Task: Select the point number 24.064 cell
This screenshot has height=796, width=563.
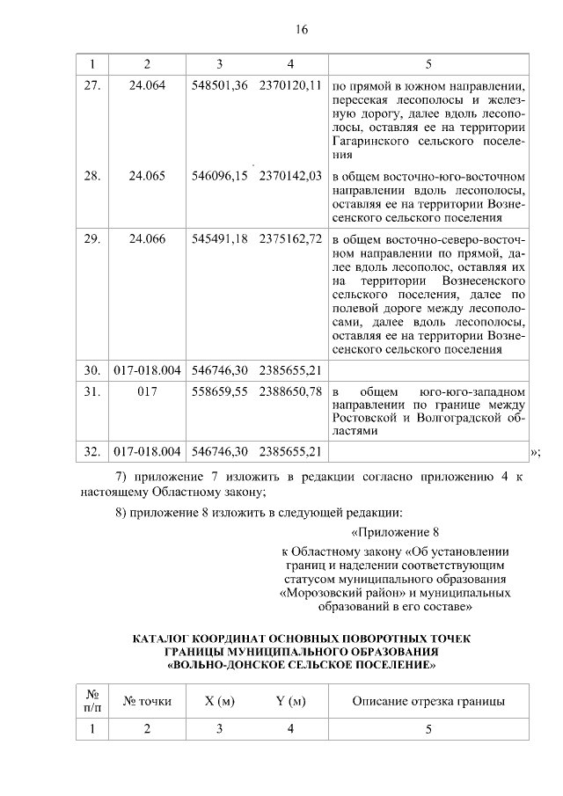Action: pyautogui.click(x=147, y=88)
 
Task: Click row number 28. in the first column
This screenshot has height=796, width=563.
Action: pyautogui.click(x=91, y=176)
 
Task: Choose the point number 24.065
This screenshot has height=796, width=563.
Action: pyautogui.click(x=147, y=176)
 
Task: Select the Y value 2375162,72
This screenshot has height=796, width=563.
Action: pyautogui.click(x=291, y=239)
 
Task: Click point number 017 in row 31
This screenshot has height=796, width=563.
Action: pyautogui.click(x=147, y=390)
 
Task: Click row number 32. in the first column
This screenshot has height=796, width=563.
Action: pyautogui.click(x=91, y=452)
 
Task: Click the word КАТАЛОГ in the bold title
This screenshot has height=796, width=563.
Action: pyautogui.click(x=167, y=638)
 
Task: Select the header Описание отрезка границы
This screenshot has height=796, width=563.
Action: pyautogui.click(x=428, y=701)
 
